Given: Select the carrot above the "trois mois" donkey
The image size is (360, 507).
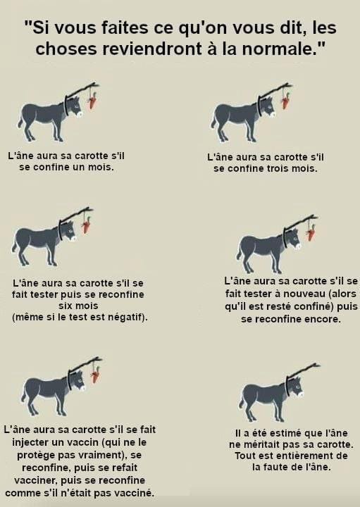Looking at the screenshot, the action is tap(285, 101).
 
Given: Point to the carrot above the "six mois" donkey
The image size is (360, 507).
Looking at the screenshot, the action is tap(87, 225).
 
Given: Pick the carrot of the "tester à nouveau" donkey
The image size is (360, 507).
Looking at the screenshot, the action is tap(311, 232).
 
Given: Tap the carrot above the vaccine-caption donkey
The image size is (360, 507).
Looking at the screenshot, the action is tap(95, 375).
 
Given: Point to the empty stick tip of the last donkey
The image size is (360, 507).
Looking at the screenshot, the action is tap(319, 365).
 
